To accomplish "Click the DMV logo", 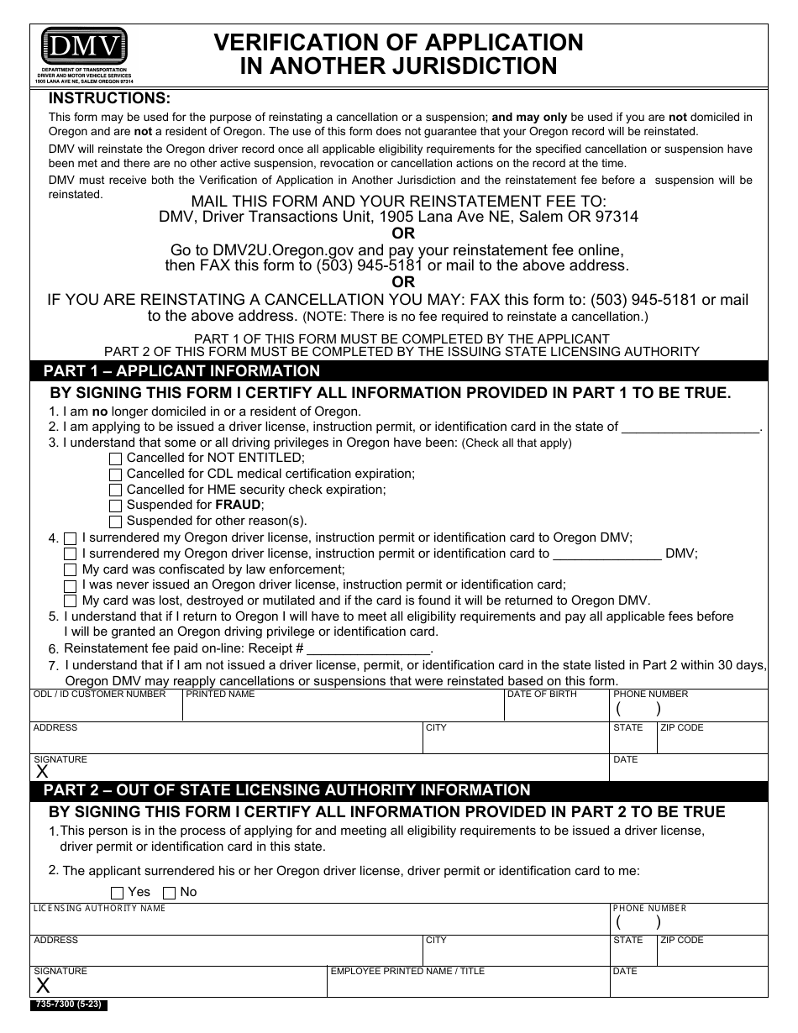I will pyautogui.click(x=84, y=44).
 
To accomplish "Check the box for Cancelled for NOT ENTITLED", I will pyautogui.click(x=116, y=459).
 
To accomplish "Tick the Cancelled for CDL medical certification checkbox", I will pyautogui.click(x=116, y=475).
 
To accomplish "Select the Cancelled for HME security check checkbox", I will pyautogui.click(x=116, y=490).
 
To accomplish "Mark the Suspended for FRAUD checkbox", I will pyautogui.click(x=116, y=506).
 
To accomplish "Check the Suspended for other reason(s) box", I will pyautogui.click(x=116, y=522).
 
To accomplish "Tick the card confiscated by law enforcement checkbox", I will pyautogui.click(x=71, y=569).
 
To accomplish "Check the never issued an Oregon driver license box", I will pyautogui.click(x=71, y=585).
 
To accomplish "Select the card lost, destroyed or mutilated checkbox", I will pyautogui.click(x=71, y=600).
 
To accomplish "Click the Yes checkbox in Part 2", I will pyautogui.click(x=118, y=893).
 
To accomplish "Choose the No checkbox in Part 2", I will pyautogui.click(x=170, y=893).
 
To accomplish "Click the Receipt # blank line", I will pyautogui.click(x=370, y=649).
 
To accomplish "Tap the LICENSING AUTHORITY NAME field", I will pyautogui.click(x=319, y=922).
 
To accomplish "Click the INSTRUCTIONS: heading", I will pyautogui.click(x=109, y=99).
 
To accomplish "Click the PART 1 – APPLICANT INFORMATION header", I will pyautogui.click(x=181, y=371).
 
